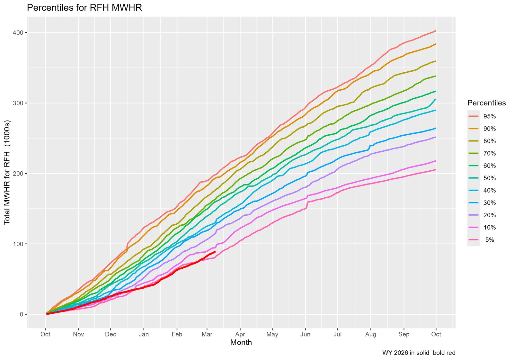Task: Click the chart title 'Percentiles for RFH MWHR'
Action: pos(84,8)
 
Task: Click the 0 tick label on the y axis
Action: pos(22,314)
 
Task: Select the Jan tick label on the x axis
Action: pos(144,334)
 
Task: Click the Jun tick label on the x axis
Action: pos(305,334)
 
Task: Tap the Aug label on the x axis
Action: pos(370,334)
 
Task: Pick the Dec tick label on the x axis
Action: pos(111,334)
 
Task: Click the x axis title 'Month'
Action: pos(241,343)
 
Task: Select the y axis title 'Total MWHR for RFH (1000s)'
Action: pos(7,173)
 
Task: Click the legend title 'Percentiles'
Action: pos(486,103)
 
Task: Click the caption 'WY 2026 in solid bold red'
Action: pos(419,353)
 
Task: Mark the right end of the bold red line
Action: pos(215,252)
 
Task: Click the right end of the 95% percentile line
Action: pos(436,31)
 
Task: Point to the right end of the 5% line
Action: pos(436,170)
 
